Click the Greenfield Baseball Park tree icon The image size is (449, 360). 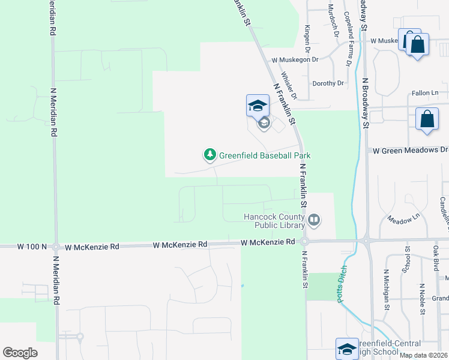pos(209,155)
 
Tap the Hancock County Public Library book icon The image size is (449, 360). pos(313,221)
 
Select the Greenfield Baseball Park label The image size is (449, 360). pos(264,155)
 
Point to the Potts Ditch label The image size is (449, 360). pos(343,284)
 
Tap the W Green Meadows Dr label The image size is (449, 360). pos(410,149)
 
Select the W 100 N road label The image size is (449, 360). pos(32,247)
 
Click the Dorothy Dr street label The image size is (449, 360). pos(328,83)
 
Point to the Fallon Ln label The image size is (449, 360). pos(425,93)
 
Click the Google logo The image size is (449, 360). pos(20,353)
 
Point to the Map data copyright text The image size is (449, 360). pos(423,355)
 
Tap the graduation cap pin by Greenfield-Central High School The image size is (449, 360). pos(348,349)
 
